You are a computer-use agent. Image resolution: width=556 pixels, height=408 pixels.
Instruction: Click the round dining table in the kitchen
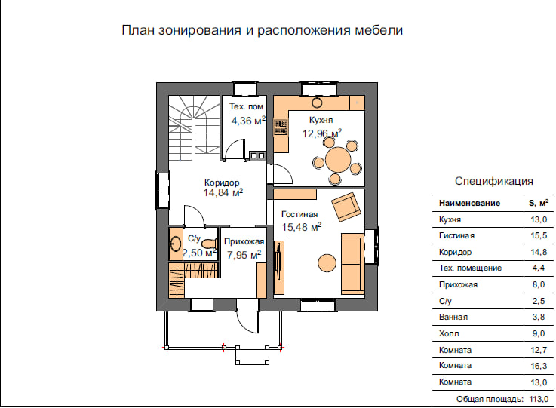pos(338,160)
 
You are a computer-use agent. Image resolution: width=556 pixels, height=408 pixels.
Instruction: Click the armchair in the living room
pos(346,207)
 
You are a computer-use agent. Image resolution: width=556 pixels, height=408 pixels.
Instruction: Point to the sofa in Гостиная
pos(352,264)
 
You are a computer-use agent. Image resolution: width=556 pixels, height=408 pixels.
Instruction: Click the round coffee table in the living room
pos(327,263)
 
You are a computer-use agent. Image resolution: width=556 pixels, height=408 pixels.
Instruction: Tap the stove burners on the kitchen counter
pos(281,127)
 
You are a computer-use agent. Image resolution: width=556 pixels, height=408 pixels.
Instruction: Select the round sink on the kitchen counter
pos(317,103)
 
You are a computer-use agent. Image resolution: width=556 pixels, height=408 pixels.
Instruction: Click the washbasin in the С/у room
pos(175,244)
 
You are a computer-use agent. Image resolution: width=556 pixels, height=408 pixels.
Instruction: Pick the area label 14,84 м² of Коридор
pos(223,192)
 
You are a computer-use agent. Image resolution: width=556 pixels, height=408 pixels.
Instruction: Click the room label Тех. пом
pos(246,106)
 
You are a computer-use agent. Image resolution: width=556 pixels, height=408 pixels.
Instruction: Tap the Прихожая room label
pos(244,242)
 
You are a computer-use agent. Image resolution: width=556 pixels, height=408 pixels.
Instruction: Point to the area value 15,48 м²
pos(302,226)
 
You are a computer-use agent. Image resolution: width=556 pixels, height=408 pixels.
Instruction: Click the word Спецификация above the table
pos(494,181)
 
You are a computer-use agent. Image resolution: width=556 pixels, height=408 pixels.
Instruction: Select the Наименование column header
pos(469,203)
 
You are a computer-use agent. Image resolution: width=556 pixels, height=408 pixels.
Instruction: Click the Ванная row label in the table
pos(453,317)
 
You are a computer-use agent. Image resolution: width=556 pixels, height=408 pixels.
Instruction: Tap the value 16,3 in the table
pos(539,366)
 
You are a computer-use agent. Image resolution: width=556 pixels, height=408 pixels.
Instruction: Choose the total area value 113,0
pos(539,399)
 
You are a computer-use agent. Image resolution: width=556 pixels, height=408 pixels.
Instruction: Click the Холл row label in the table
pos(449,333)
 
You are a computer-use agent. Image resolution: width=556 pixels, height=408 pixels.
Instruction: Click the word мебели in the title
pos(379,30)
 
